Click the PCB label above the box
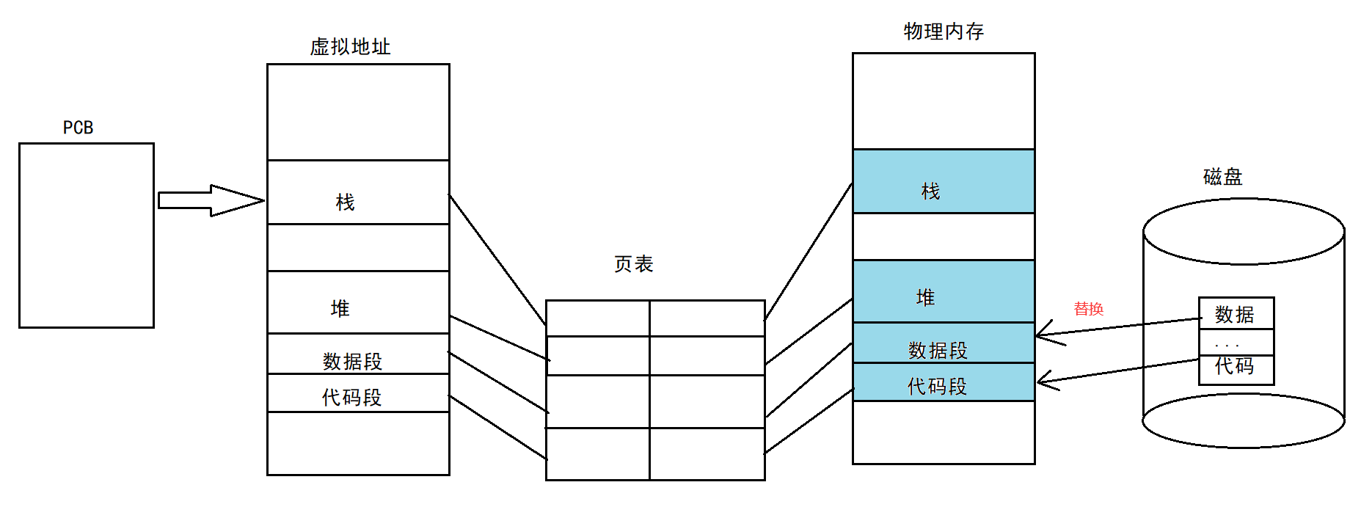(78, 128)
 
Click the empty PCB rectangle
(87, 235)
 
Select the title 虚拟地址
(350, 47)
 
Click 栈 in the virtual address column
(345, 203)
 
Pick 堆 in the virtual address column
(340, 308)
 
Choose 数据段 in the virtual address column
(352, 361)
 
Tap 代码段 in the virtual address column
(352, 397)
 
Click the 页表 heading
(633, 264)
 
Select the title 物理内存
(944, 32)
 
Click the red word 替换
(1088, 309)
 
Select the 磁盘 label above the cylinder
(1222, 177)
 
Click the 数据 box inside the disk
(1236, 314)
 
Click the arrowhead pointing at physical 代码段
(1046, 381)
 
